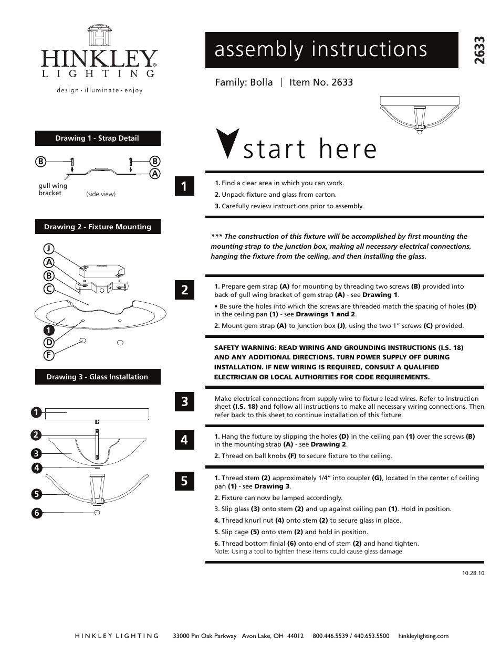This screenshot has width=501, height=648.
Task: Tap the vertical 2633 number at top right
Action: pos(479,50)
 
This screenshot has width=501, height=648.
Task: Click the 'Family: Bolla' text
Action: pos(244,82)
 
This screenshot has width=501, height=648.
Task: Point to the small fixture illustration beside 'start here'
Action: pos(419,114)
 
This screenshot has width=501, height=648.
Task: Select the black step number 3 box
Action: pos(184,402)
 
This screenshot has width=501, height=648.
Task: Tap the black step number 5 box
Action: pos(184,481)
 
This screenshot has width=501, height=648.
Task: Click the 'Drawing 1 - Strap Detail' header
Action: pos(98,139)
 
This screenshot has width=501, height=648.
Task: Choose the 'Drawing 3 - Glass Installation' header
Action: pos(98,377)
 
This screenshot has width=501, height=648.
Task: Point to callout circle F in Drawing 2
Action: pos(49,355)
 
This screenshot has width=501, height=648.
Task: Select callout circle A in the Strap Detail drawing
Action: pos(155,174)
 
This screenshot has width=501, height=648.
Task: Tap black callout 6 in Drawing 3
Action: pos(36,513)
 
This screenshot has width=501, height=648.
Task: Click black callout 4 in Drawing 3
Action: pos(36,468)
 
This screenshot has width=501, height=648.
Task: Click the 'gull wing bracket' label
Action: pos(53,189)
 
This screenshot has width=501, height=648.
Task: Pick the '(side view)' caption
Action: pos(100,194)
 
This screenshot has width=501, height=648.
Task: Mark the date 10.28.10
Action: pos(473,573)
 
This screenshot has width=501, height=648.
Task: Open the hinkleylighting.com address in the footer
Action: pos(423,636)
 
